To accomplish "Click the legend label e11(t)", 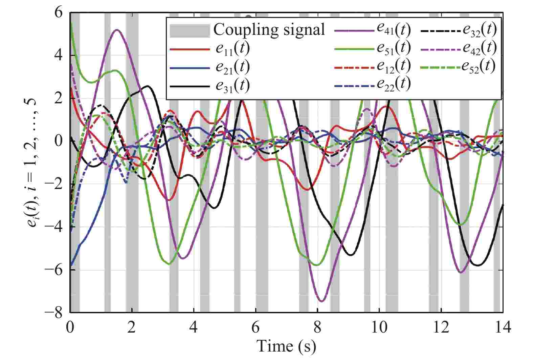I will (232, 49).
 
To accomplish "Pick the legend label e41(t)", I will (394, 30).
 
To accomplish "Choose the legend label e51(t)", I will (394, 48).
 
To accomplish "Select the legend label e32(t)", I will (479, 30).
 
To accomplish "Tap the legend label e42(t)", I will (479, 48).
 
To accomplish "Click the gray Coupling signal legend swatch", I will (190, 30).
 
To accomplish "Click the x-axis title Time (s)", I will (286, 346).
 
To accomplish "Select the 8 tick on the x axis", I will (317, 328).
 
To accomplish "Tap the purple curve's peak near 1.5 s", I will (117, 30).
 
